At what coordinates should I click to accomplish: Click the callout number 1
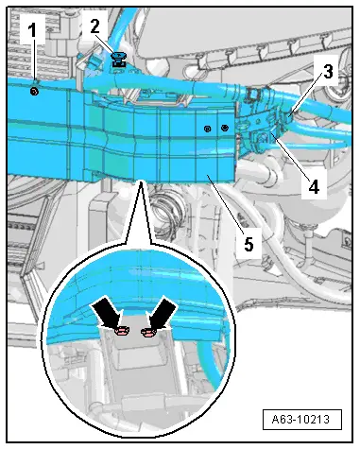(x=32, y=30)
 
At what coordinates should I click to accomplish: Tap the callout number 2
(x=95, y=26)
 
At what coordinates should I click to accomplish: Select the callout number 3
(x=328, y=72)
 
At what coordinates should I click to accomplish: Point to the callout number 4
(x=314, y=186)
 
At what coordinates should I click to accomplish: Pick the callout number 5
(x=249, y=244)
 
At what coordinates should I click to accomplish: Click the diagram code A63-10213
(x=300, y=419)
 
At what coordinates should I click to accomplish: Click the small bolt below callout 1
(x=34, y=92)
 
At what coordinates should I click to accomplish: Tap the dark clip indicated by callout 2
(x=118, y=60)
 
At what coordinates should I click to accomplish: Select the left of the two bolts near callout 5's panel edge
(x=207, y=129)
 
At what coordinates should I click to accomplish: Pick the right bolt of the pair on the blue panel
(x=225, y=128)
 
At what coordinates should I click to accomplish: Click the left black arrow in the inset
(x=107, y=313)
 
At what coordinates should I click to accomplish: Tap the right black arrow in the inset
(x=163, y=313)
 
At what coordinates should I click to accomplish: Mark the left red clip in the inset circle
(x=121, y=331)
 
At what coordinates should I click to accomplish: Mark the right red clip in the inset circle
(x=148, y=332)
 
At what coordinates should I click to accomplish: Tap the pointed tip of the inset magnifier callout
(x=141, y=181)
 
